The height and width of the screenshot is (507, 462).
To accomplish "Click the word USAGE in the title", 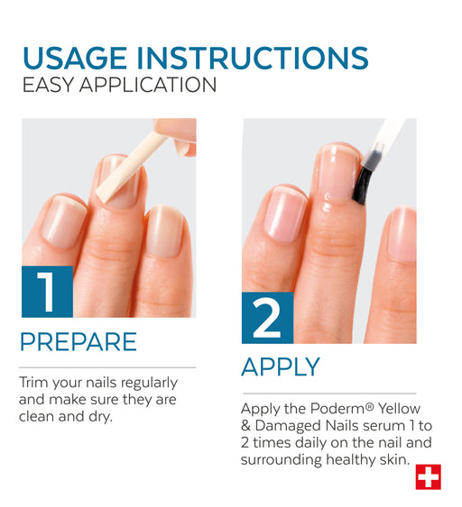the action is (75, 59).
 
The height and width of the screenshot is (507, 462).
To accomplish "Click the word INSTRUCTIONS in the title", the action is (253, 59).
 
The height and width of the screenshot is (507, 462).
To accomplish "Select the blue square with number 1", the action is (47, 292).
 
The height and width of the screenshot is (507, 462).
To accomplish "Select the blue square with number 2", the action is (268, 318).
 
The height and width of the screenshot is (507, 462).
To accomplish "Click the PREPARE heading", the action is (79, 342).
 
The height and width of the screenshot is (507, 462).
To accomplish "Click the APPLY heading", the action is (281, 367).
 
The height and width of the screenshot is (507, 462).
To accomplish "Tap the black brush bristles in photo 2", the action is (362, 186).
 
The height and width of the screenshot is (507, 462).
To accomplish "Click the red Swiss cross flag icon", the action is (429, 477).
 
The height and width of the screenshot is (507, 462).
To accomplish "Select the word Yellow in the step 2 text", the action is (399, 409).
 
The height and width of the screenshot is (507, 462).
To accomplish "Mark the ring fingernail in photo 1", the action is (165, 231).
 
